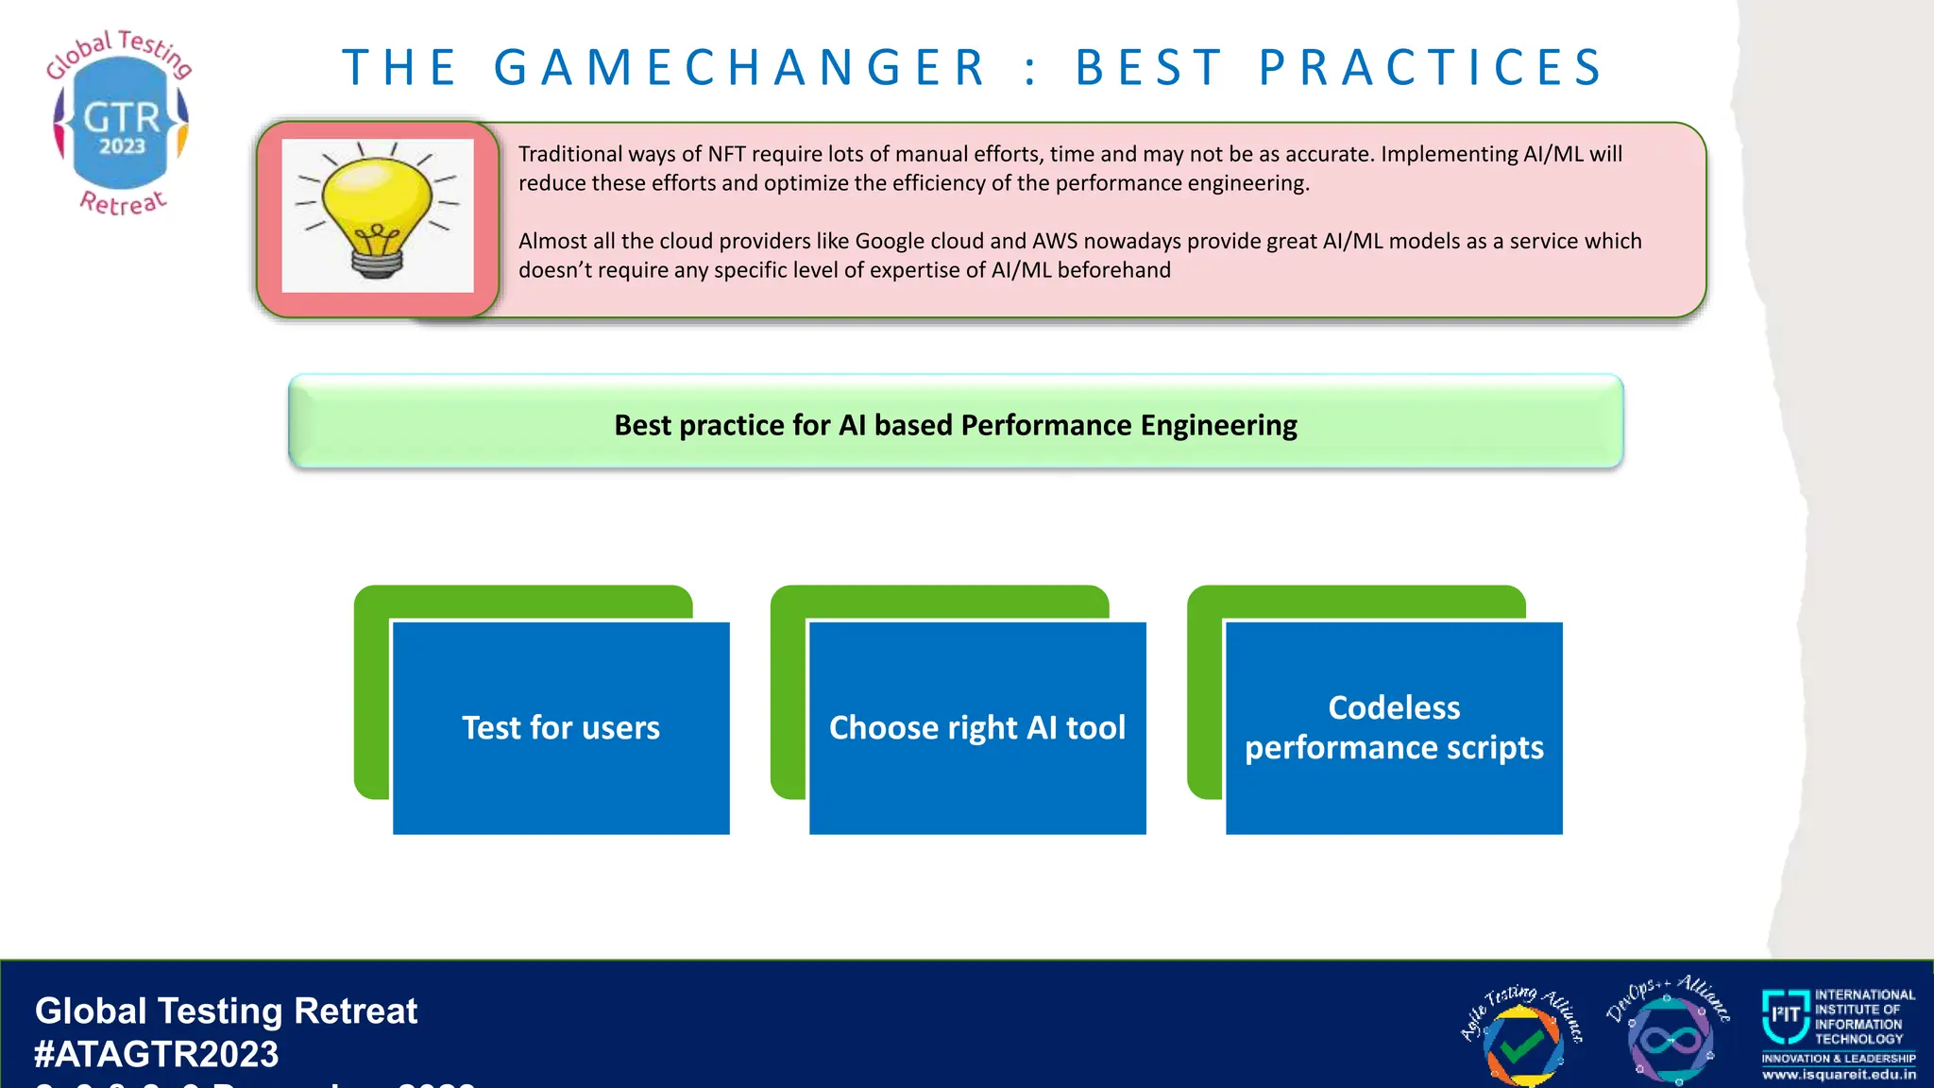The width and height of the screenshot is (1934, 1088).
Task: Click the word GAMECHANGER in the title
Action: [740, 68]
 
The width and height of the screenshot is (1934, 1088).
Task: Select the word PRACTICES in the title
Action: [1432, 68]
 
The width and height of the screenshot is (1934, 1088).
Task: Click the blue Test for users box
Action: [561, 727]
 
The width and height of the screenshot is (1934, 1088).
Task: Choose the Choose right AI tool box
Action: [977, 727]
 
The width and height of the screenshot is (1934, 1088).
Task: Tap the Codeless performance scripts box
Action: [1394, 727]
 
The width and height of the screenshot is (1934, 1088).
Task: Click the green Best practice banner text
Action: [956, 425]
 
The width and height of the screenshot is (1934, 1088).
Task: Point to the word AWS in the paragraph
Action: [1055, 241]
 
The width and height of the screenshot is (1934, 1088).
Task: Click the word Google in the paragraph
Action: [890, 241]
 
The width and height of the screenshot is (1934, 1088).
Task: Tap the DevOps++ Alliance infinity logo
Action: [1669, 1039]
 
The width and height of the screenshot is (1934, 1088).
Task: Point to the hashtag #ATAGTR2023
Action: [157, 1054]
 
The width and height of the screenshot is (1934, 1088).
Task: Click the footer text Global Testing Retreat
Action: [226, 1011]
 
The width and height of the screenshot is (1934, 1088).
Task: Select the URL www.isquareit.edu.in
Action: [1839, 1074]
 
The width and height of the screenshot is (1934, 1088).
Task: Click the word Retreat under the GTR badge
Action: [123, 202]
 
